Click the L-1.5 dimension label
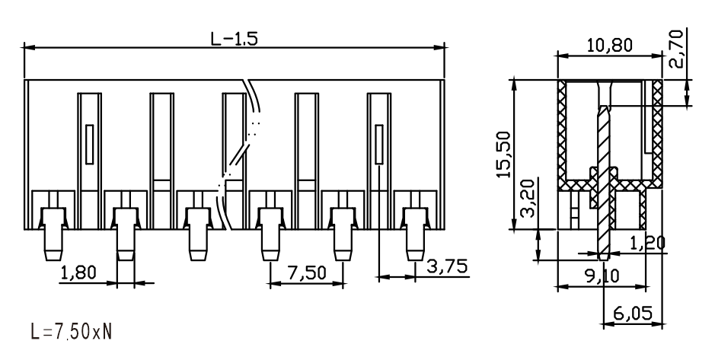[234, 38]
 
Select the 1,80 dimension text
[78, 272]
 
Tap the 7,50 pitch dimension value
[308, 272]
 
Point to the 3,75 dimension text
[447, 266]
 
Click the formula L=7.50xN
[71, 331]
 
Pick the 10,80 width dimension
[610, 45]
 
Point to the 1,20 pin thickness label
[647, 244]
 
